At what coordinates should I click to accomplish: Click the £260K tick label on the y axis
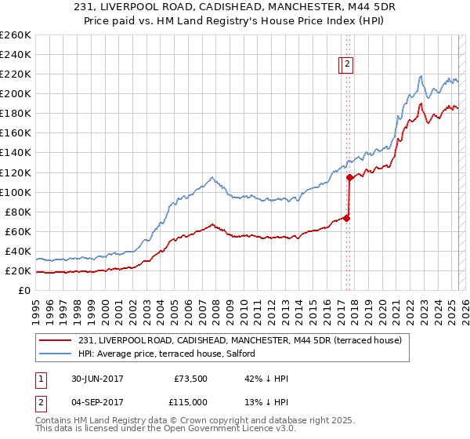coord(15,35)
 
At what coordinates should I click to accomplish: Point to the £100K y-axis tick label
coord(15,192)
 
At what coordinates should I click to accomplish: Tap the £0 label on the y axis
coord(24,291)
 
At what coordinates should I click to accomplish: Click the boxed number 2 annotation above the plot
coord(347,66)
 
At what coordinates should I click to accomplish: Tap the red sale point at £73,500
coord(347,218)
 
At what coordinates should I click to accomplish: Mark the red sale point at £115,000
coord(349,177)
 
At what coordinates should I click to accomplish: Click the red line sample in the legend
coord(56,340)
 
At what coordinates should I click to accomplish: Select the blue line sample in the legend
coord(56,354)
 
